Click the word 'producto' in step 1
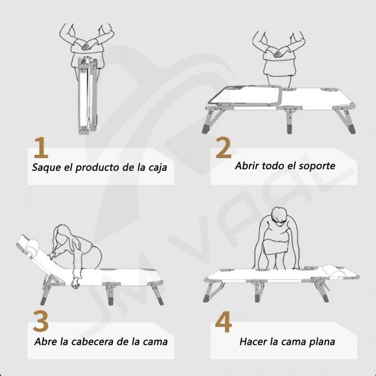pos(97,167)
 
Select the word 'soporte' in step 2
pos(318,167)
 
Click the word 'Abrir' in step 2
pos(249,167)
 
